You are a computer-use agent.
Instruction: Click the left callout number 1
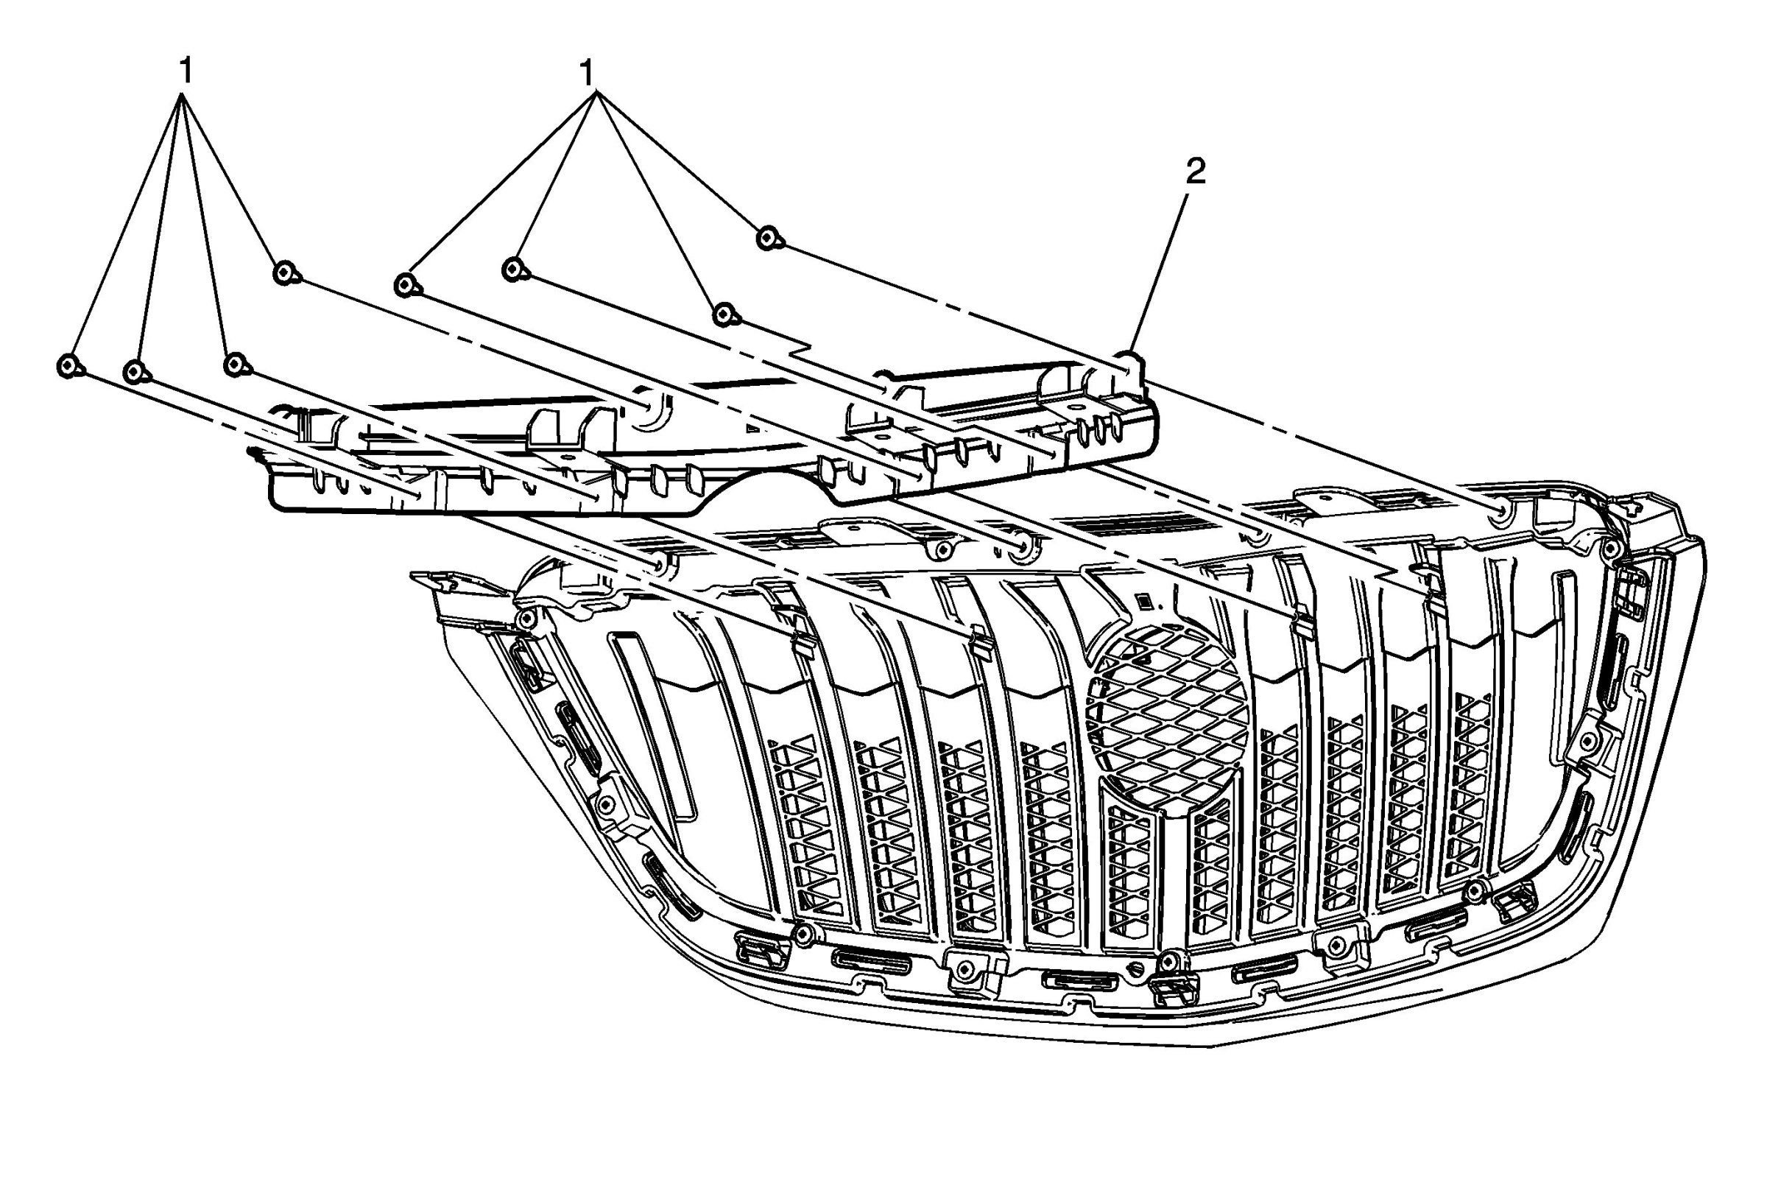pyautogui.click(x=186, y=73)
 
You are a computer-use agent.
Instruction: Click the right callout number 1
pyautogui.click(x=586, y=74)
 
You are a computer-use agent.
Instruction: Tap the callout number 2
pyautogui.click(x=1195, y=172)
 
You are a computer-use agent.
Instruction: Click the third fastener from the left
pyautogui.click(x=235, y=365)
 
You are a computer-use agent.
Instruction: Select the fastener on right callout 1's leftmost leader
pyautogui.click(x=406, y=285)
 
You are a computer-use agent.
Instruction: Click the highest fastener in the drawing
pyautogui.click(x=769, y=238)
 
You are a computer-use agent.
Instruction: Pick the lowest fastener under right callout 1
pyautogui.click(x=724, y=313)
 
